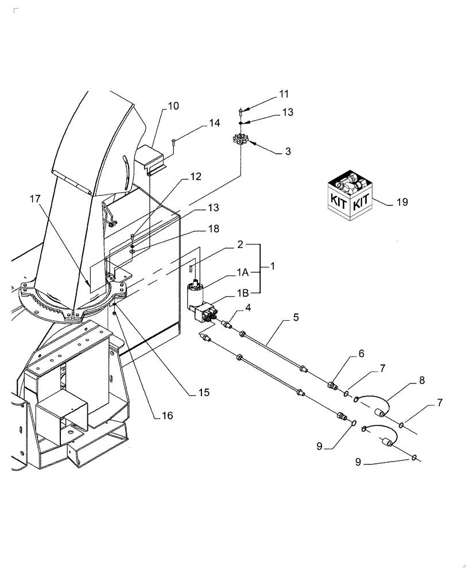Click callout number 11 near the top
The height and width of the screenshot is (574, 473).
pos(284,94)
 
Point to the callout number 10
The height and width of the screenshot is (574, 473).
pos(173,106)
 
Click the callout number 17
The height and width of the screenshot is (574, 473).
pos(36,199)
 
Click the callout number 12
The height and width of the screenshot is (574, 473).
pos(196,177)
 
